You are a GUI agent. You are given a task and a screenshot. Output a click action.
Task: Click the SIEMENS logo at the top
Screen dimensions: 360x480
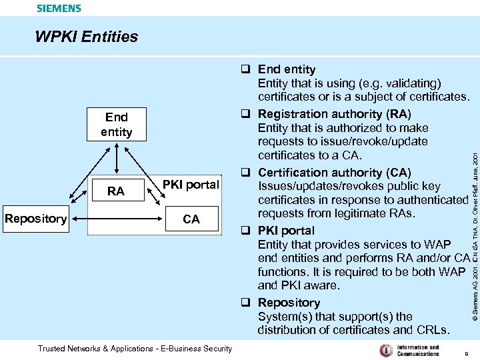(59, 9)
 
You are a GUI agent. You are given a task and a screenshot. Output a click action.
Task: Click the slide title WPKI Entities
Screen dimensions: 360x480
(86, 37)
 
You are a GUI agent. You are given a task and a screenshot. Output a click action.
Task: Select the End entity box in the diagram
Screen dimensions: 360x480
(116, 125)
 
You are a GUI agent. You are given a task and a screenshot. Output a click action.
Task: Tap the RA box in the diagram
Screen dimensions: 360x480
(116, 191)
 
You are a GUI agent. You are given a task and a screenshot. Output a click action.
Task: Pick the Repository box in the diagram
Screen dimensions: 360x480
(35, 219)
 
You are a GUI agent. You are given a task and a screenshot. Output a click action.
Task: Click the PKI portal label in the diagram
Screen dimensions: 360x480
(191, 185)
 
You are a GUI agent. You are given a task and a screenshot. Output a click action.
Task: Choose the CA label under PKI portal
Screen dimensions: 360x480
(191, 219)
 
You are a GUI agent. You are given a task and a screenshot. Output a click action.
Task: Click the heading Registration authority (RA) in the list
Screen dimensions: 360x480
(334, 114)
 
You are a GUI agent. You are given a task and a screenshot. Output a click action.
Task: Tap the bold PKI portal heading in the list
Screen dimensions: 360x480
(286, 231)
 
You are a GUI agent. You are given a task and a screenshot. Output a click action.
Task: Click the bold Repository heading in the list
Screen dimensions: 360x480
(289, 303)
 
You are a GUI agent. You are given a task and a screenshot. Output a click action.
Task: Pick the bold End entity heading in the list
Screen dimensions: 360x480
(287, 69)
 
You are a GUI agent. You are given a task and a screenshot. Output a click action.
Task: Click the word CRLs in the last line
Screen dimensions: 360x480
(434, 330)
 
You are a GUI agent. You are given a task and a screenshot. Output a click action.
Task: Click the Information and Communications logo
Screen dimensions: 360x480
(409, 350)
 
